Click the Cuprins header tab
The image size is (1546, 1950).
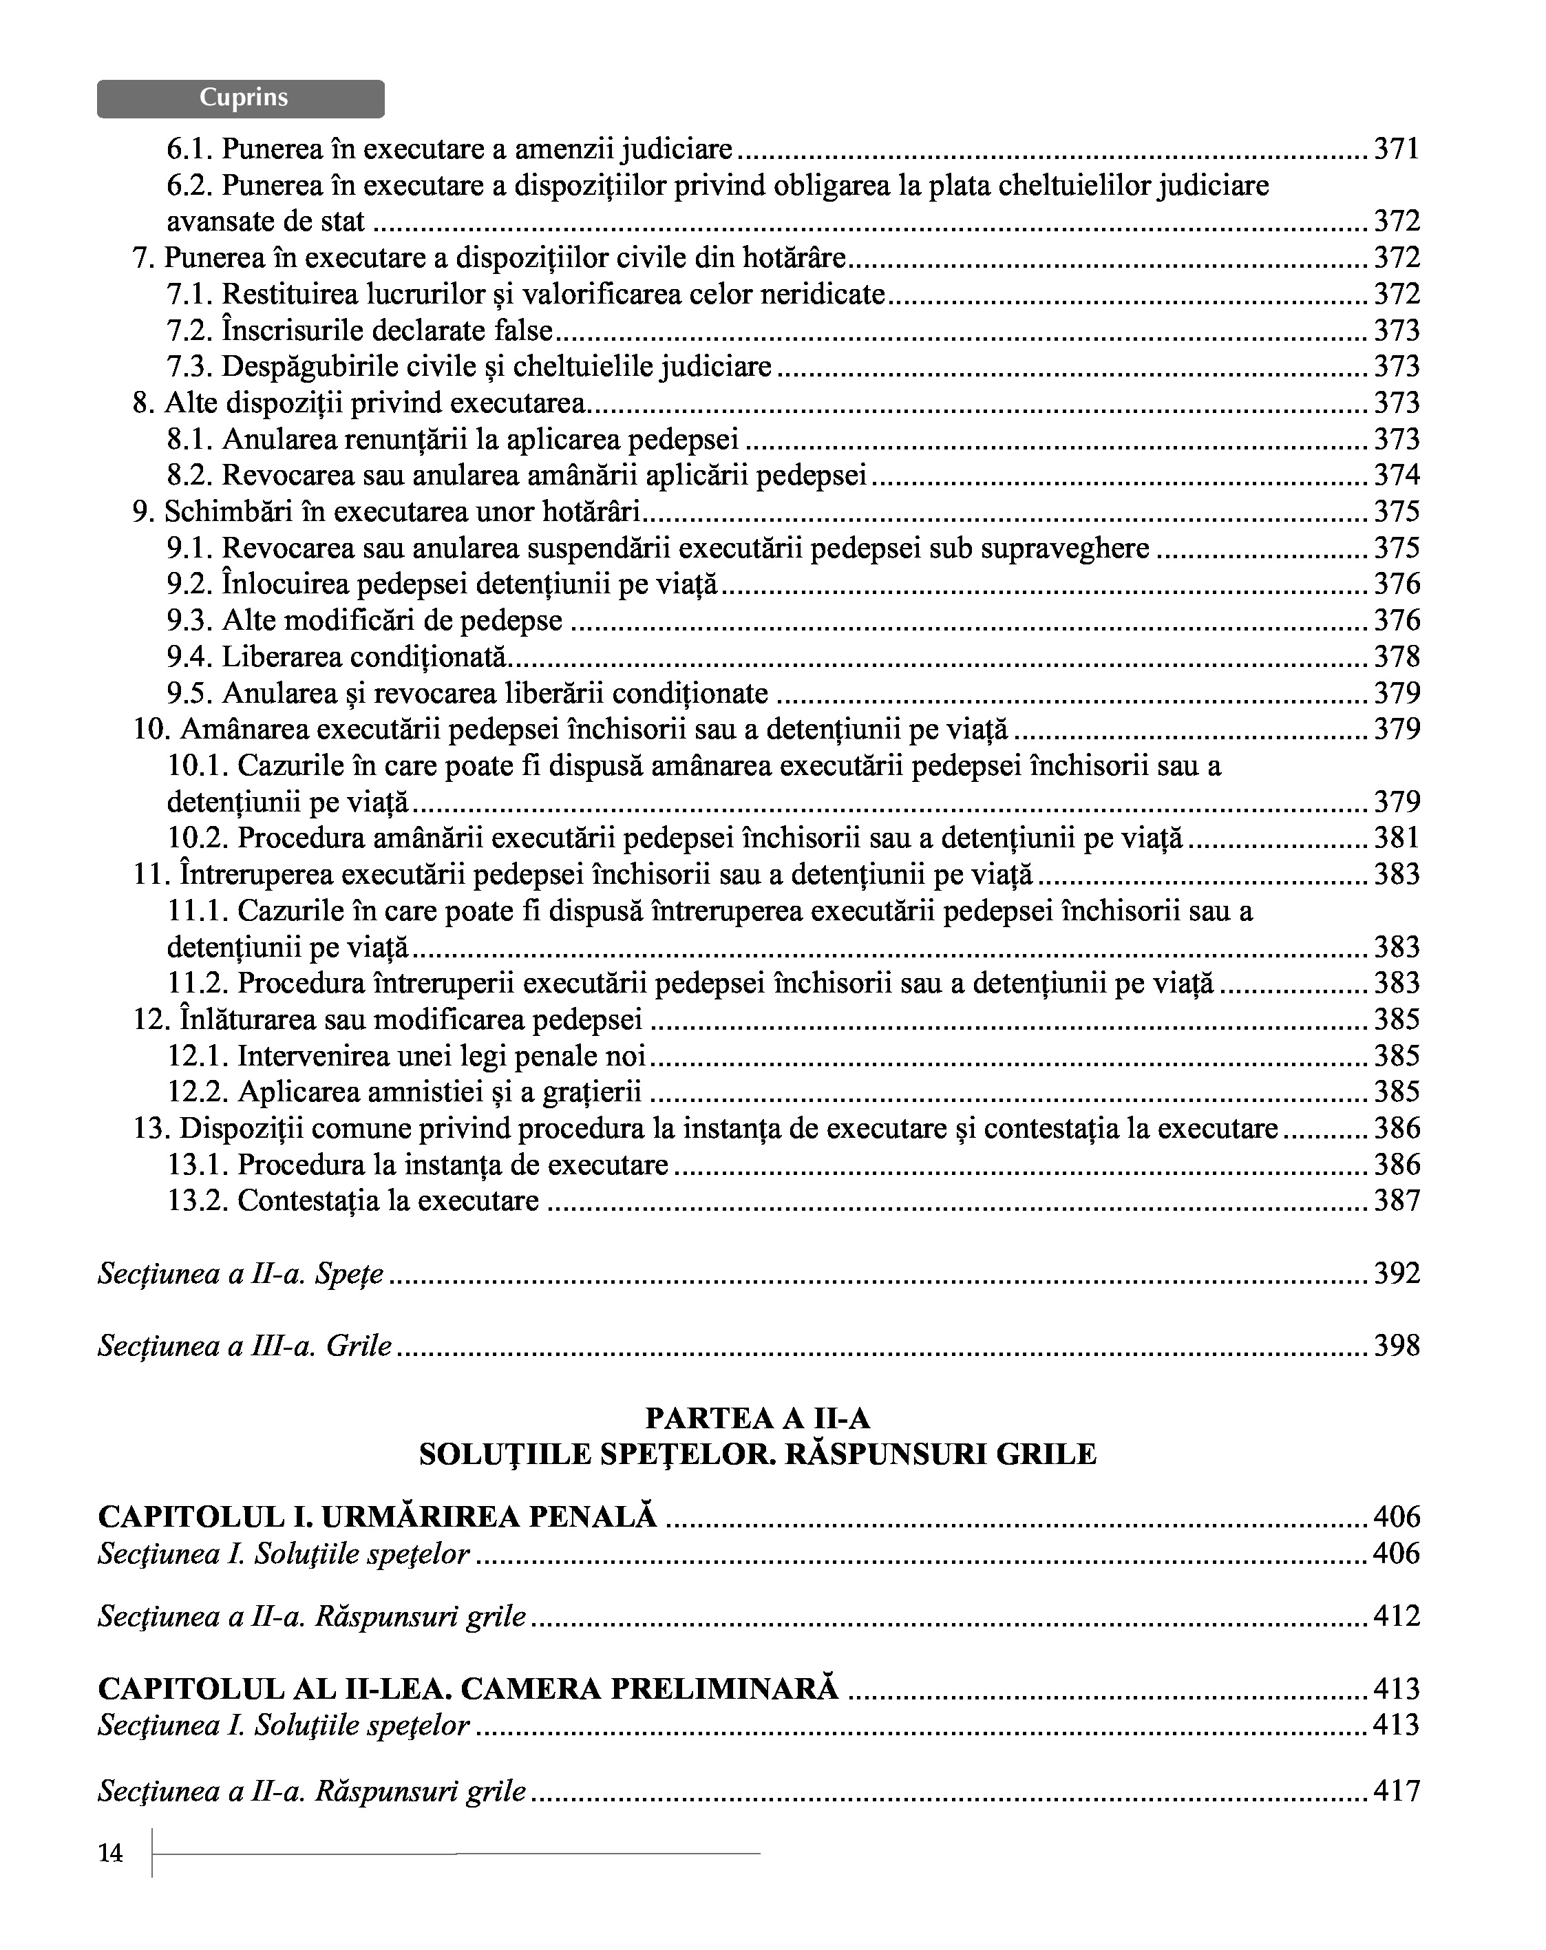pos(241,98)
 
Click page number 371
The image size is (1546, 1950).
pos(1397,148)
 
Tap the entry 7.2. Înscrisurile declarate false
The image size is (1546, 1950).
pos(359,330)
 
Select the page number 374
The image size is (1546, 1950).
pos(1397,475)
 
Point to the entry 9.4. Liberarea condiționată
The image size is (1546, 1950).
pos(337,657)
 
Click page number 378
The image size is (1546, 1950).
pos(1397,657)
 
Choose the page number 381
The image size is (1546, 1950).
pos(1397,838)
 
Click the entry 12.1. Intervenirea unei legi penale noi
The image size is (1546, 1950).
pos(406,1055)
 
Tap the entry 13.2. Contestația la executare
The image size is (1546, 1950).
pos(353,1201)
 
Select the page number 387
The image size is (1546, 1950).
pos(1397,1201)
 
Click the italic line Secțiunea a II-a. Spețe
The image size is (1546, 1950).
pos(241,1273)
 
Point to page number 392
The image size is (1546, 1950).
pos(1397,1273)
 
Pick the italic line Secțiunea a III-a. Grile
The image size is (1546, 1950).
pos(245,1346)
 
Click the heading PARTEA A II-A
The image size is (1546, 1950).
pos(757,1418)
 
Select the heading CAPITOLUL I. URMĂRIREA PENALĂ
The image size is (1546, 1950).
pos(377,1517)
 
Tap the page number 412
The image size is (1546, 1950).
pos(1397,1616)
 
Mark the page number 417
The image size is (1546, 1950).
pos(1397,1791)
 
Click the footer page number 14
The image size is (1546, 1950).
pos(110,1853)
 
